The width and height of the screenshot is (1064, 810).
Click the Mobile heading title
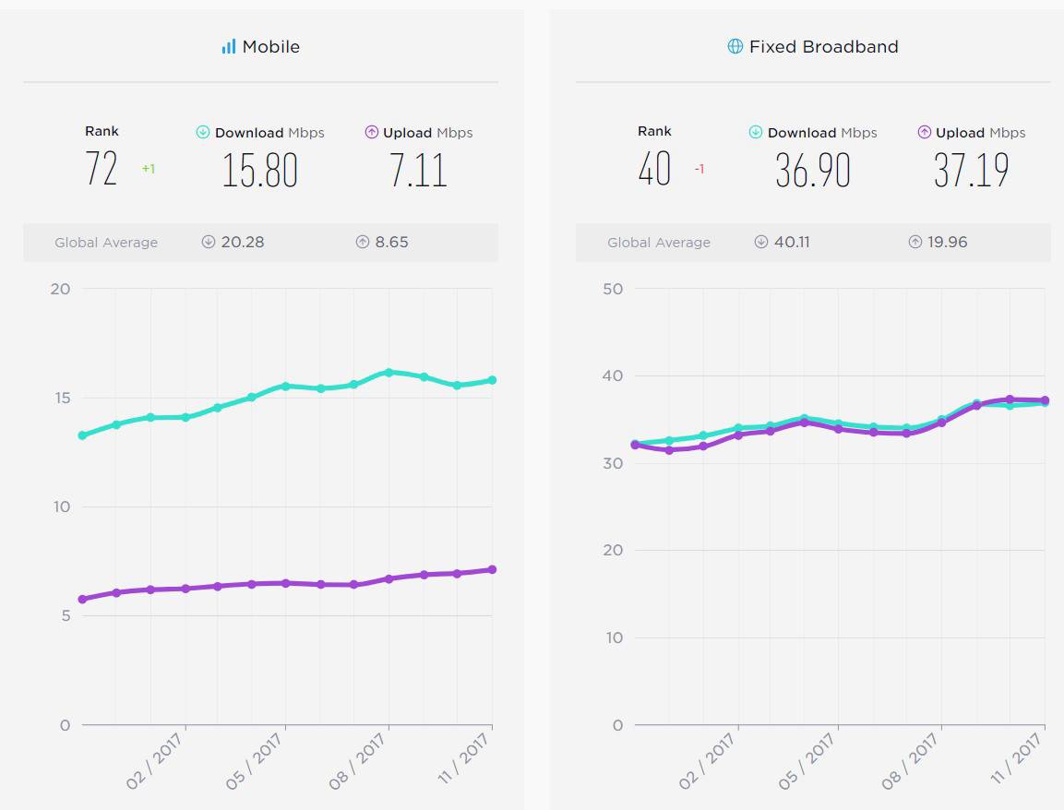pos(270,46)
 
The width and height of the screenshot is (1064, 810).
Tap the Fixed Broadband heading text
pos(823,46)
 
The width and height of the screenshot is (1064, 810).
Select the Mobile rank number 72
pos(102,169)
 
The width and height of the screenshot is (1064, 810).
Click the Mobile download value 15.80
pos(259,171)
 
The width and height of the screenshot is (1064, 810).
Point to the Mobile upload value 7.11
pos(418,171)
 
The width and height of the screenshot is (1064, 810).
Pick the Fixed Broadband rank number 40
pos(654,169)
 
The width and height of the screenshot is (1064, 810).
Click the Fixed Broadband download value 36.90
pos(812,171)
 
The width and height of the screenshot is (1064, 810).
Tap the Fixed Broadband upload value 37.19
pos(971,171)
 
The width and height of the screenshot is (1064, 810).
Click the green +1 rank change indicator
pos(149,170)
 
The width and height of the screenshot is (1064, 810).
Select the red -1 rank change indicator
pos(699,170)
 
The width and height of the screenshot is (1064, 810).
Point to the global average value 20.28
pos(243,242)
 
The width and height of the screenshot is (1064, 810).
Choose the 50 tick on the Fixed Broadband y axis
pos(613,289)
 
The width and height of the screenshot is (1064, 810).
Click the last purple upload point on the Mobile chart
pos(492,569)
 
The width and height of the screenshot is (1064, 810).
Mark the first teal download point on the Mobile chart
pos(82,435)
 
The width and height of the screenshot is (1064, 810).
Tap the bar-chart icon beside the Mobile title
pos(229,46)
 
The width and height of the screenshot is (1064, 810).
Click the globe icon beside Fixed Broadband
pos(735,46)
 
